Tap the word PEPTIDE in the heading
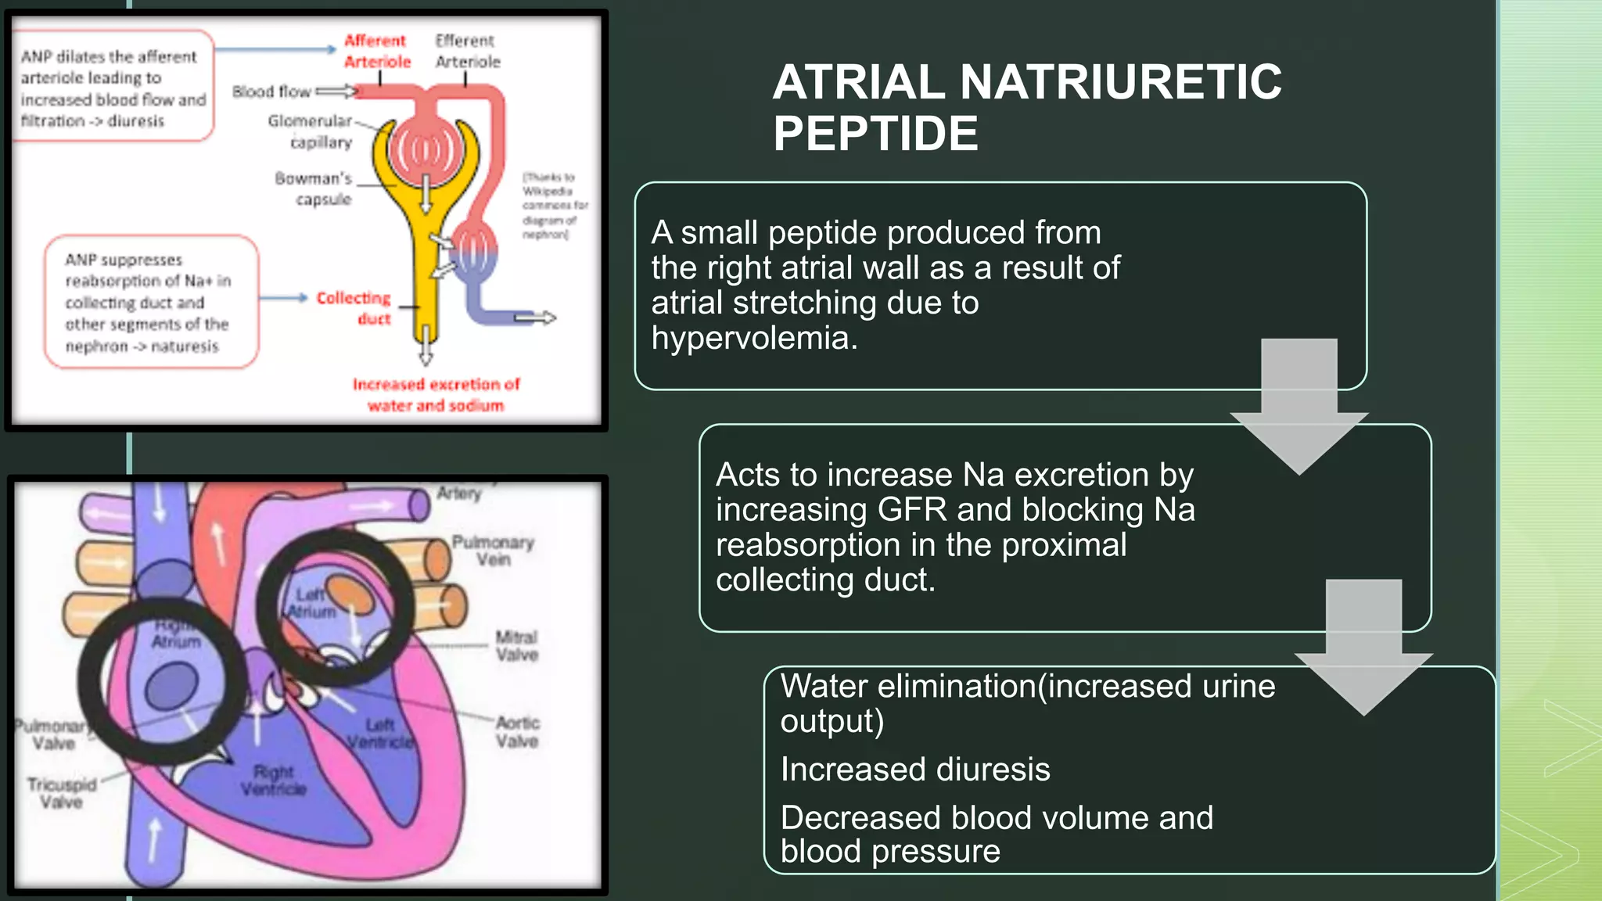[x=875, y=134]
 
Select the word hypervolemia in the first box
[x=753, y=339]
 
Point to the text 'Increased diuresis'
[x=915, y=770]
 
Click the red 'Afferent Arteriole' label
[x=377, y=51]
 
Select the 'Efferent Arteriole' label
[x=467, y=51]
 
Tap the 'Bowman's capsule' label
[x=314, y=188]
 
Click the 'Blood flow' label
[x=271, y=92]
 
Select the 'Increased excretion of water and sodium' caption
[x=436, y=395]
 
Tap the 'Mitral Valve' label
[x=516, y=646]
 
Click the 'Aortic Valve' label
[x=517, y=731]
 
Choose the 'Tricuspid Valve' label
[x=62, y=792]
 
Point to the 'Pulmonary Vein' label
[x=493, y=551]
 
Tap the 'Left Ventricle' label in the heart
[x=380, y=733]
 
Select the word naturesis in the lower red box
[x=185, y=346]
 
